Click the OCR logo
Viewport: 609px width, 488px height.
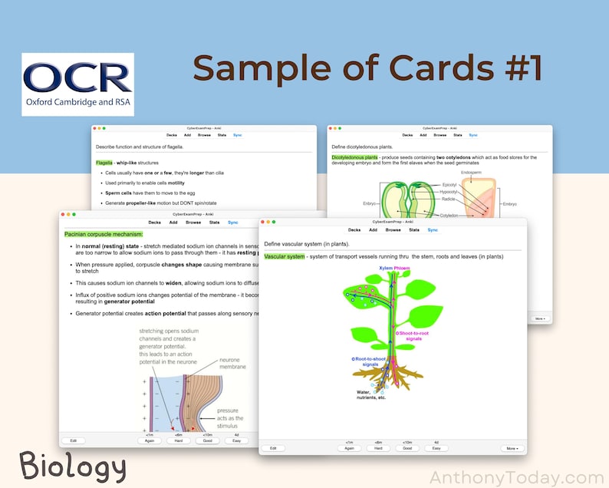(x=77, y=84)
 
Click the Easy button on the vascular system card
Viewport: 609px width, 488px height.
(x=436, y=447)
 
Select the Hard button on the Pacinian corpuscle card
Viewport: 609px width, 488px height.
(x=176, y=440)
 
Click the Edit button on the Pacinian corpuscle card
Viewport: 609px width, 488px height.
(x=73, y=440)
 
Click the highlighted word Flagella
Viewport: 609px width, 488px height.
(x=104, y=163)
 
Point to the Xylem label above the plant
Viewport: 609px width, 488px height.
(x=387, y=268)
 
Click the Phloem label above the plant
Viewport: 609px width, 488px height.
(x=403, y=268)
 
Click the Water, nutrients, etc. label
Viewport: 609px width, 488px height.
(x=371, y=394)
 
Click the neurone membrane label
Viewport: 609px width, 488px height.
(x=233, y=363)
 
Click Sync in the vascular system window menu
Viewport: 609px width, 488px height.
(x=433, y=229)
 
